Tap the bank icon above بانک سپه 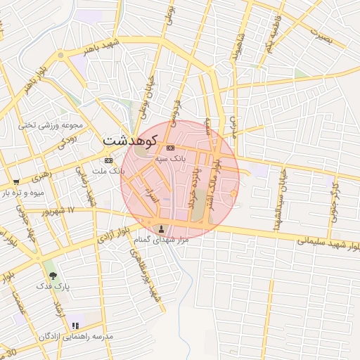[x=170, y=148]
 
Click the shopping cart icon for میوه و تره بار [x=16, y=182]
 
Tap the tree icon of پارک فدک [x=52, y=276]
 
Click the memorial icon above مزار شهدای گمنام [x=163, y=229]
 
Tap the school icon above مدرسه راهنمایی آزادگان [x=75, y=326]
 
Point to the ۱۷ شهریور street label [x=57, y=211]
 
